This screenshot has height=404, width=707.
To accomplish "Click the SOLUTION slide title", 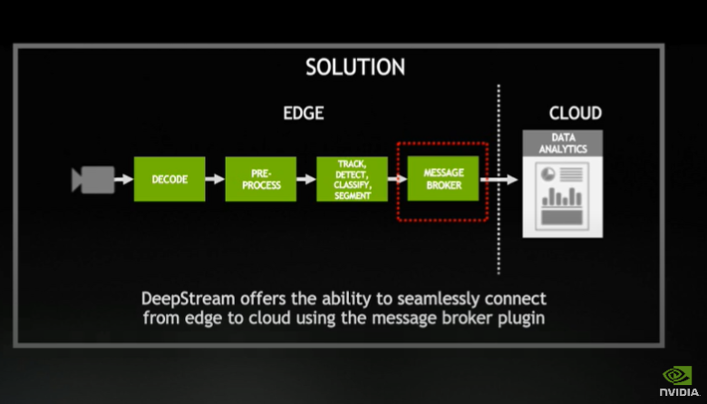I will [x=355, y=66].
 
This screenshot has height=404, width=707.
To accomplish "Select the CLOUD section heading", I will [x=575, y=113].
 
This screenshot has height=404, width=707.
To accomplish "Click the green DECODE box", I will [x=169, y=179].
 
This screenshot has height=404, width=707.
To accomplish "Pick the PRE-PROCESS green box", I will [x=260, y=179].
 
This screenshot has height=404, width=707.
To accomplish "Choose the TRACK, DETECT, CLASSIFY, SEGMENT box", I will [x=352, y=179].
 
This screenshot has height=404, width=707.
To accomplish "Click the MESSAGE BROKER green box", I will [x=443, y=180].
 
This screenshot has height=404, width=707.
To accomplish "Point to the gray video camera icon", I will [x=92, y=180].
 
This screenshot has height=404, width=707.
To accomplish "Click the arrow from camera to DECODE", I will [x=124, y=180].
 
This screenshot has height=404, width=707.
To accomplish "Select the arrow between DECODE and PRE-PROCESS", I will [x=215, y=180].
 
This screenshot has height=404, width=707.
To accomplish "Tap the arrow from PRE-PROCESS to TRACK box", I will [x=305, y=180].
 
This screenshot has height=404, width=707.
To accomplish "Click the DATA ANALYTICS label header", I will [x=562, y=143].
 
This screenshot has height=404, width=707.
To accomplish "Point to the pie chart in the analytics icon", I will [x=548, y=173].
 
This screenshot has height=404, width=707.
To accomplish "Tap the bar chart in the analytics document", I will [x=562, y=197].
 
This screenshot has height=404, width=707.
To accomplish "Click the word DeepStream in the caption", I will [x=186, y=299].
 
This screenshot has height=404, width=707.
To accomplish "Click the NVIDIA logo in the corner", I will [x=678, y=380].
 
